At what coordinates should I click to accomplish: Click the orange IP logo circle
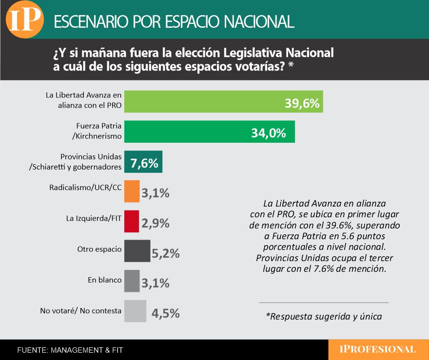[x=24, y=19]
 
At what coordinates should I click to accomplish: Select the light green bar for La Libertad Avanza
[x=205, y=101]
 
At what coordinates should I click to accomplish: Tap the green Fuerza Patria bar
[x=195, y=132]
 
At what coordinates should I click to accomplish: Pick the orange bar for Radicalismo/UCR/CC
[x=132, y=191]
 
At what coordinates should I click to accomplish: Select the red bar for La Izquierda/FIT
[x=132, y=222]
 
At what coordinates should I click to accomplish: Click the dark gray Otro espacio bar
[x=137, y=251]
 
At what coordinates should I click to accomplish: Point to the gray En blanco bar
[x=132, y=281]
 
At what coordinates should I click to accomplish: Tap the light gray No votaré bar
[x=135, y=311]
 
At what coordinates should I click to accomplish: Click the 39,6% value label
[x=302, y=103]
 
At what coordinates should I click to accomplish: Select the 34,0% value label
[x=268, y=133]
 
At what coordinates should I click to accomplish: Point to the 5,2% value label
[x=166, y=253]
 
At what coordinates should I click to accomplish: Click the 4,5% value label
[x=166, y=313]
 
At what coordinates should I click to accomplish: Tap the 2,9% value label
[x=155, y=223]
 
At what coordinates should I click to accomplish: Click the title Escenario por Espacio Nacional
[x=174, y=21]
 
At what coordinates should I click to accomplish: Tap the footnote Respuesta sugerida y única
[x=324, y=316]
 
